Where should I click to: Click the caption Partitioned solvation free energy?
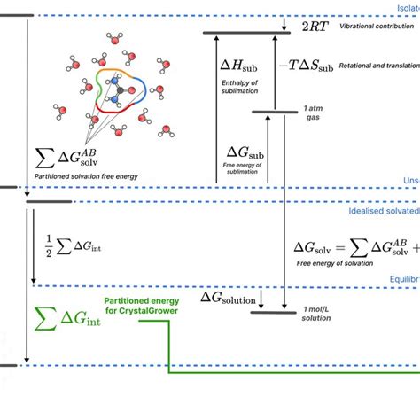click(x=86, y=176)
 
